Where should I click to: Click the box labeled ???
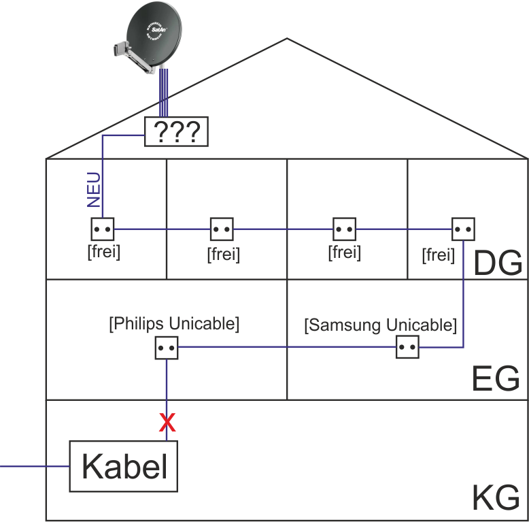point(176,131)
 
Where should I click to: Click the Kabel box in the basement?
point(124,466)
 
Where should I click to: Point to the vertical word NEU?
point(95,190)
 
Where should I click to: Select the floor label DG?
point(497,263)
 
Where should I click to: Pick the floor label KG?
point(495,499)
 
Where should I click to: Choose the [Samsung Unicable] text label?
point(381,325)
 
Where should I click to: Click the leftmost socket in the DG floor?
point(102,229)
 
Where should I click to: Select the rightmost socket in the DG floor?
point(463,229)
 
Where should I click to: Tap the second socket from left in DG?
point(222,229)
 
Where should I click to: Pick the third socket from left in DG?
point(343,229)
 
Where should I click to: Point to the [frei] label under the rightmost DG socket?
point(438,255)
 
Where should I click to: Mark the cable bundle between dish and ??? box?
point(163,92)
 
